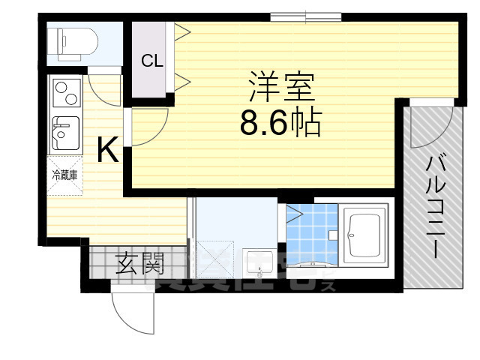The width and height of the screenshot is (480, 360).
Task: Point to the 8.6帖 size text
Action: pyautogui.click(x=281, y=122)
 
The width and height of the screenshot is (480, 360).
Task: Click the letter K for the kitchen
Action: pyautogui.click(x=108, y=152)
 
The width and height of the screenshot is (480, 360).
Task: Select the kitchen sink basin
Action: pyautogui.click(x=64, y=133)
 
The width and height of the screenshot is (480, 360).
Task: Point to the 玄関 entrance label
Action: pyautogui.click(x=140, y=263)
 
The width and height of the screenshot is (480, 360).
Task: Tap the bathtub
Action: pyautogui.click(x=364, y=234)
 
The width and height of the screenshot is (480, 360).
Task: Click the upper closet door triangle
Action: pyautogui.click(x=182, y=31)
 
